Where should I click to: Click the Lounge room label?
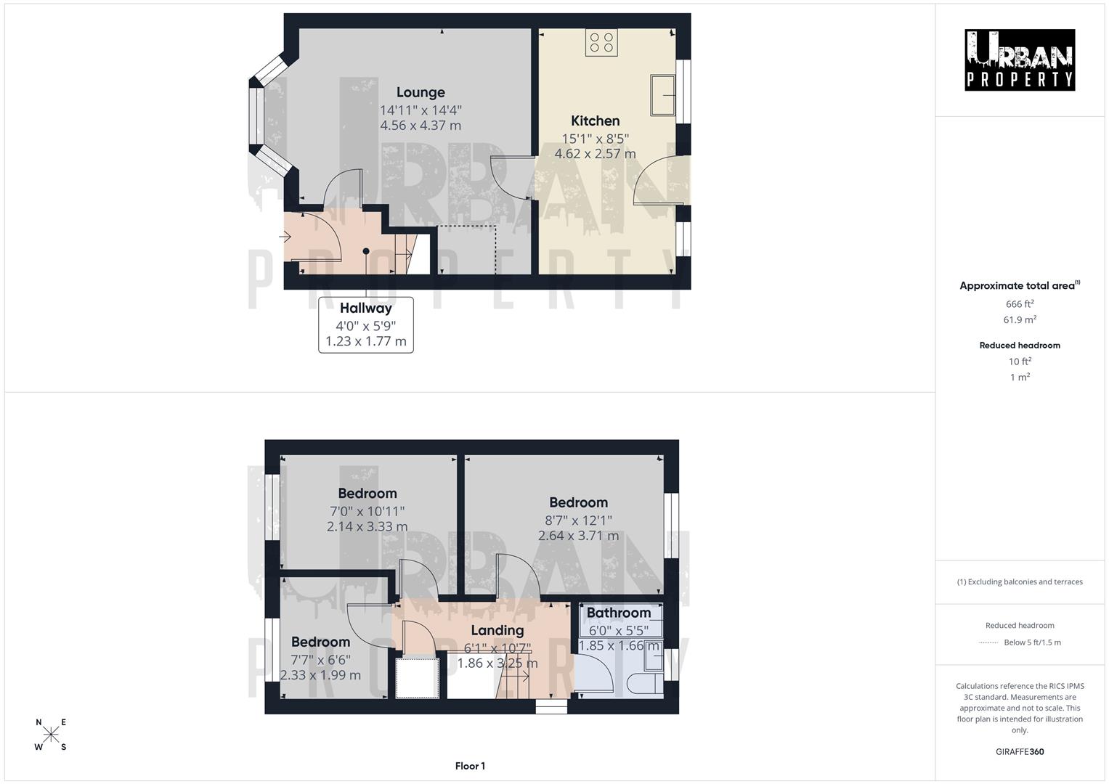coord(421,92)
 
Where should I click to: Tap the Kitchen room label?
coord(595,121)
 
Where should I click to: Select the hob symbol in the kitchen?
coord(601,42)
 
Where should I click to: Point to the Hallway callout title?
coord(365,309)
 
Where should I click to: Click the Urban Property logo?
coord(1020,60)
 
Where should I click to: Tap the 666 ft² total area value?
coord(1020,304)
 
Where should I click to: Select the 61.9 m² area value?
coord(1020,320)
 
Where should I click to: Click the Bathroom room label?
coord(619,613)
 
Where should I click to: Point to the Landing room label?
coord(497,630)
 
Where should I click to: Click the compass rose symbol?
coord(51,735)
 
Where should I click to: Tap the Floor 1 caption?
coord(470,766)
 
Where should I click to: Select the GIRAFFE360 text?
coord(1020,752)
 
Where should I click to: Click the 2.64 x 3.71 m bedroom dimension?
coord(578,536)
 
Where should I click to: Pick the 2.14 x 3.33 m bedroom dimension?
coord(367,527)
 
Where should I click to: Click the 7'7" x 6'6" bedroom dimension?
coord(320,660)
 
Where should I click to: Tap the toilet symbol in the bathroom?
coord(643,684)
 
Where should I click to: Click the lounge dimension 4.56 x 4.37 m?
coord(421,126)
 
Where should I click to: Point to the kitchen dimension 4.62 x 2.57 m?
coord(595,154)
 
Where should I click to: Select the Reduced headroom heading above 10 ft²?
coord(1020,346)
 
